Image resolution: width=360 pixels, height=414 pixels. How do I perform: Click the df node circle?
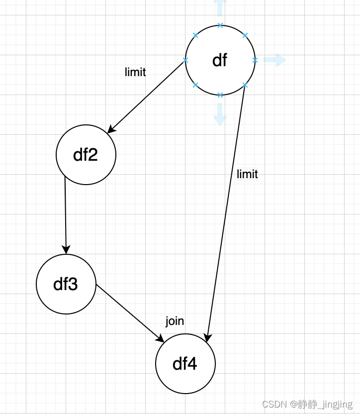(x=220, y=60)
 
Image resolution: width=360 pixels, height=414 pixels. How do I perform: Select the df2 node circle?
(x=86, y=155)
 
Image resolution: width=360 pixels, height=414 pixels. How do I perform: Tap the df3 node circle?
(x=66, y=284)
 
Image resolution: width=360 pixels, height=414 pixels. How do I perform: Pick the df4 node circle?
(x=185, y=364)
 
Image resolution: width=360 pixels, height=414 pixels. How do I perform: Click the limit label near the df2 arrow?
(x=135, y=72)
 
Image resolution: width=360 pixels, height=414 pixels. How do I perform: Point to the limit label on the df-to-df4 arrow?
(x=248, y=174)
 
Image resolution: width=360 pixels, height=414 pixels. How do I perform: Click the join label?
(x=175, y=321)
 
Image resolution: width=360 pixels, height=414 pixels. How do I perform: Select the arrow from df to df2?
(x=147, y=97)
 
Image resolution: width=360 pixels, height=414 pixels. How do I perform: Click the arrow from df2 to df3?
(x=65, y=214)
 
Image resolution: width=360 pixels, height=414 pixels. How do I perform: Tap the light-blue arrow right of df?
(x=274, y=60)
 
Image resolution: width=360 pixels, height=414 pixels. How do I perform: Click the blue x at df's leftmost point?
(x=185, y=60)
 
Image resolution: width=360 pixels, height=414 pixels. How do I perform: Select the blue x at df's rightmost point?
(x=255, y=60)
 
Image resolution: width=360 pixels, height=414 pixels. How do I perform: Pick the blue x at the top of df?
(x=220, y=25)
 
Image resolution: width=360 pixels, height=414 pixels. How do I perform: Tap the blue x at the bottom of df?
(x=220, y=95)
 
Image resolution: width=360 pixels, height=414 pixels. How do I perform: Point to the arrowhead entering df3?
(x=66, y=250)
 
